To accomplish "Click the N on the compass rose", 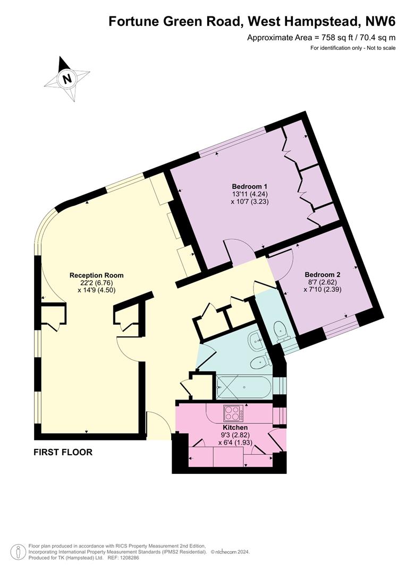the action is [66, 79].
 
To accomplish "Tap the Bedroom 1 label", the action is [249, 186].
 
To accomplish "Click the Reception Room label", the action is [97, 275].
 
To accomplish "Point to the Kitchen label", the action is [235, 427].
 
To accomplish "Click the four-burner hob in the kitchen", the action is [233, 413].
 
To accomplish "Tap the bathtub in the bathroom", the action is [243, 387].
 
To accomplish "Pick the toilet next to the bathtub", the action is [261, 361].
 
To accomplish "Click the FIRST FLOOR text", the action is [63, 452].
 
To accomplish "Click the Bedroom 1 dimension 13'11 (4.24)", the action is [250, 194].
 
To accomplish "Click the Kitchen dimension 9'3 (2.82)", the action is [235, 435].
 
